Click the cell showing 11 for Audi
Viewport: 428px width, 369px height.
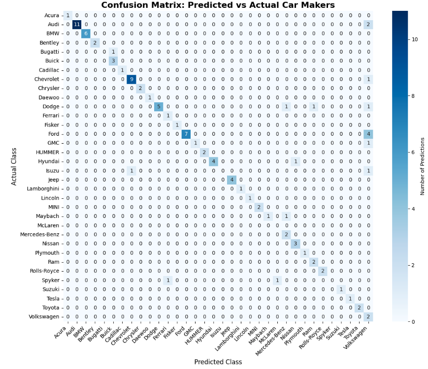tap(77, 24)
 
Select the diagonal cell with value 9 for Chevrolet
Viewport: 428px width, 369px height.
tap(131, 79)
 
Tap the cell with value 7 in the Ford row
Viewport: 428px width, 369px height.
tap(185, 134)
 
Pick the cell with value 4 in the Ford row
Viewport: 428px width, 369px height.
tap(368, 134)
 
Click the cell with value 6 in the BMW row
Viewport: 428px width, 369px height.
tap(86, 33)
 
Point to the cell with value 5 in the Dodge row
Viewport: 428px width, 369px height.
tap(158, 107)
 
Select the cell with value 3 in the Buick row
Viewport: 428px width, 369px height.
tap(113, 61)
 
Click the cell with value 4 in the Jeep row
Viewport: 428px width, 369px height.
tap(231, 180)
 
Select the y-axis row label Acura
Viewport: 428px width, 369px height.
tap(52, 15)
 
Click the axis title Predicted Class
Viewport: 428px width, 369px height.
tap(217, 362)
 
